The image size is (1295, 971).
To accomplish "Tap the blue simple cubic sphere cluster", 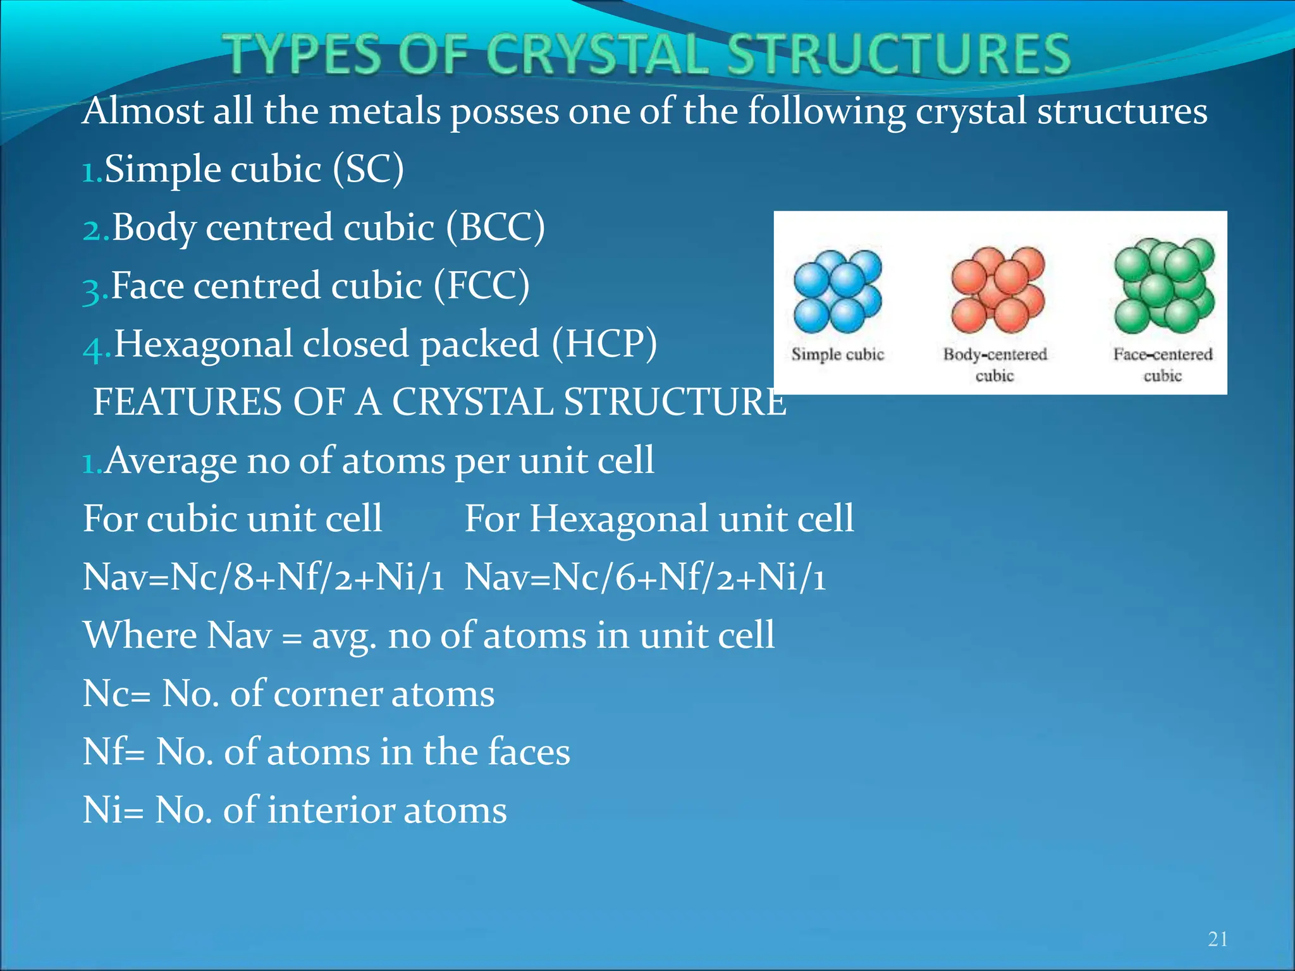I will [837, 291].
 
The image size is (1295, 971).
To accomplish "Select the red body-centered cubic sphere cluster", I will [997, 290].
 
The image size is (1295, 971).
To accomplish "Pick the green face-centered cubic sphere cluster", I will [1163, 286].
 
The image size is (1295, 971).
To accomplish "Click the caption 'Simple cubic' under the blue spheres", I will [837, 354].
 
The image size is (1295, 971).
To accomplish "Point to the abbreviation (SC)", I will [368, 169].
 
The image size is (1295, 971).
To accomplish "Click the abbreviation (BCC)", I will [495, 228].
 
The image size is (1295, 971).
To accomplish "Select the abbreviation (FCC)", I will [481, 286].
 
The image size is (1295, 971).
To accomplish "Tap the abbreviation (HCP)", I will [604, 344].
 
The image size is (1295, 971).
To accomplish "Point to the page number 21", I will [1217, 939].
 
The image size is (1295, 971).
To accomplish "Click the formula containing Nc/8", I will [263, 577].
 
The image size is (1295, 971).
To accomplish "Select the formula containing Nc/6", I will [645, 577].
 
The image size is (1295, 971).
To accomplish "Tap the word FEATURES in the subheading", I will [187, 402].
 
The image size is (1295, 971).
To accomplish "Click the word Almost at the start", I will [143, 111].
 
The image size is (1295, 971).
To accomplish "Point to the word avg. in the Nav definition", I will [344, 636].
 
